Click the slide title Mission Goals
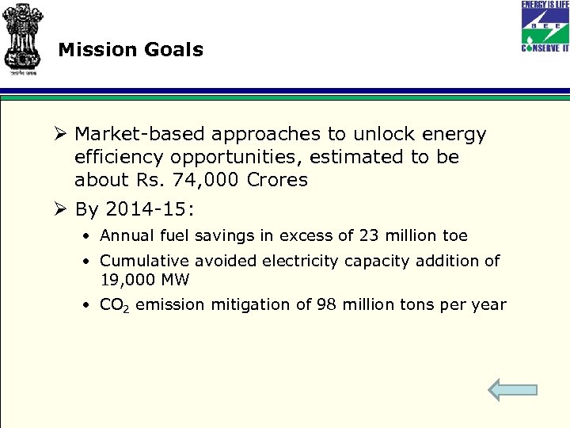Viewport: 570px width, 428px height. click(x=131, y=50)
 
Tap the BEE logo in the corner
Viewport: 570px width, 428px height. click(x=544, y=26)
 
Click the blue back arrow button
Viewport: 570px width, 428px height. click(x=512, y=389)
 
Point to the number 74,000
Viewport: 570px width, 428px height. click(x=207, y=180)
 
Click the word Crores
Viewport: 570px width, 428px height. click(x=277, y=180)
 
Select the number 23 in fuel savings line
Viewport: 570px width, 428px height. click(x=370, y=236)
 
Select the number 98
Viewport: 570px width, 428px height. click(x=328, y=305)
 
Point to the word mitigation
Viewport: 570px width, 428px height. click(x=253, y=305)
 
